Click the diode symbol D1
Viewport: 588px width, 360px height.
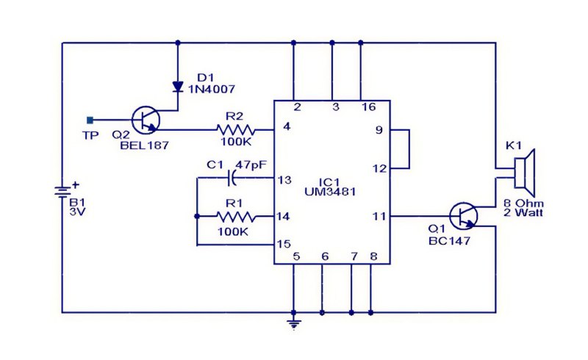[177, 87]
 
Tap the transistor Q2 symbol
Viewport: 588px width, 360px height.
[146, 120]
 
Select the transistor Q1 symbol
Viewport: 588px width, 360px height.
[464, 216]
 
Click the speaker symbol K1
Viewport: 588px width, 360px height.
[525, 168]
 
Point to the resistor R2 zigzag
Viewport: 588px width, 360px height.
[236, 130]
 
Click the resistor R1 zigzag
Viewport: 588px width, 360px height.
[236, 217]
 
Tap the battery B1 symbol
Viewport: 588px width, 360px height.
[62, 192]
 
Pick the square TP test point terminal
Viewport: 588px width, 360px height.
[90, 120]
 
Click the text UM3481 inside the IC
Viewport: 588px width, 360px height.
[330, 192]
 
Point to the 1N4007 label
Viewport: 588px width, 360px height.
[212, 89]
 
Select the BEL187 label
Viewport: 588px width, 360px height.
[144, 145]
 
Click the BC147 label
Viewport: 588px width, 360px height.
[449, 241]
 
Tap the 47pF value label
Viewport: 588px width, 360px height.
[251, 165]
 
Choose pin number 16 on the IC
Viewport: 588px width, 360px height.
[368, 107]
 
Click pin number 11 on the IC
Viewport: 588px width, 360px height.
[379, 217]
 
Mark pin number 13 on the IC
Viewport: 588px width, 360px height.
[284, 180]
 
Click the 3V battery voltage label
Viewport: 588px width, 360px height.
[77, 212]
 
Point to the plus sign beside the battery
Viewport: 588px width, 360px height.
[76, 184]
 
